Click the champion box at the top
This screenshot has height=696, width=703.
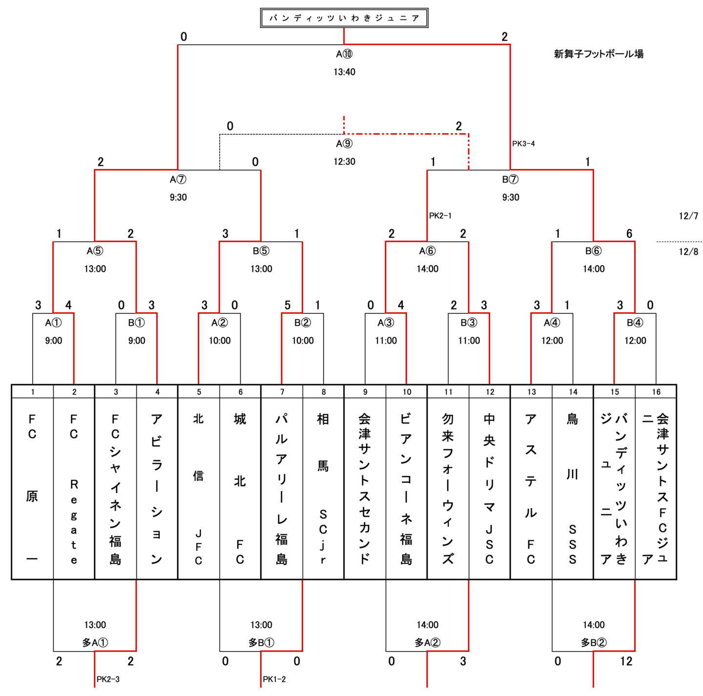pyautogui.click(x=344, y=18)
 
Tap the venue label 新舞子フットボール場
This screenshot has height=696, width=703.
pyautogui.click(x=599, y=54)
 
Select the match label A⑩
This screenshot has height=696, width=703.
pyautogui.click(x=344, y=54)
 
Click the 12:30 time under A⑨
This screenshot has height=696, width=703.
pyautogui.click(x=344, y=162)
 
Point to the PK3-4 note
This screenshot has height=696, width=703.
pyautogui.click(x=523, y=143)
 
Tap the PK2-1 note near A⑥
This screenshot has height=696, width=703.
pyautogui.click(x=440, y=215)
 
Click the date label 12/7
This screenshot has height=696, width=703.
pyautogui.click(x=688, y=216)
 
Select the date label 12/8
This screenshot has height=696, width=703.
pyautogui.click(x=688, y=252)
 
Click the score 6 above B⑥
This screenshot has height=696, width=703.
pyautogui.click(x=629, y=234)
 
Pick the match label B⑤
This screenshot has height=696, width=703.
pyautogui.click(x=261, y=251)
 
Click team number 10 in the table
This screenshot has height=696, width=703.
pyautogui.click(x=407, y=392)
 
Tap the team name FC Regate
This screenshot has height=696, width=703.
pyautogui.click(x=74, y=488)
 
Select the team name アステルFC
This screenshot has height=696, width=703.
pyautogui.click(x=531, y=488)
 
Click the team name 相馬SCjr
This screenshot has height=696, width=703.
pyautogui.click(x=323, y=488)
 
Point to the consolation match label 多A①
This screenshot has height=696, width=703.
pyautogui.click(x=95, y=643)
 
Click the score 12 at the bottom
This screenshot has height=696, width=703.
pyautogui.click(x=626, y=661)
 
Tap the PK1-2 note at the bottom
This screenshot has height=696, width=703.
pyautogui.click(x=274, y=679)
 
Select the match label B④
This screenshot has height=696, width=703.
pyautogui.click(x=635, y=323)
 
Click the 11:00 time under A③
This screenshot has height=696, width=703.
pyautogui.click(x=386, y=341)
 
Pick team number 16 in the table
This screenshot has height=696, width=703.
pyautogui.click(x=656, y=392)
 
